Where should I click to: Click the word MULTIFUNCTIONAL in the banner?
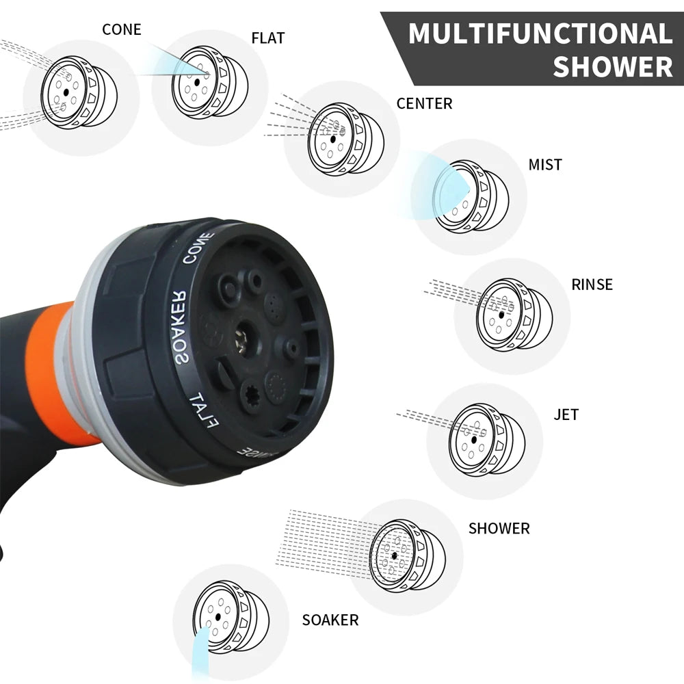coord(540,34)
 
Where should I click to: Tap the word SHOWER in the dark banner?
coord(612,67)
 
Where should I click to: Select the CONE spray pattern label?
coord(121,29)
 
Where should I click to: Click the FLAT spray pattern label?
coord(268,38)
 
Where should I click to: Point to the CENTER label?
coord(424,104)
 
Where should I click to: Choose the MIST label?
coord(544,165)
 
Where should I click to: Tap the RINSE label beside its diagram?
coord(592,285)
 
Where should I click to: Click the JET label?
coord(566,415)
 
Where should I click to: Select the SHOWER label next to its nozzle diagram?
coord(499,529)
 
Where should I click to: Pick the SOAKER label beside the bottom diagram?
coord(330,620)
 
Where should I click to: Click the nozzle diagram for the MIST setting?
coord(471,196)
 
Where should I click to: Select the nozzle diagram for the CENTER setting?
coord(345,139)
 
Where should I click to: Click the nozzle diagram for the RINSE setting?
coord(514,315)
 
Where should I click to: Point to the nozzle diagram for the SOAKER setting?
coord(230,614)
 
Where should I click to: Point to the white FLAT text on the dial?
coord(203,409)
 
